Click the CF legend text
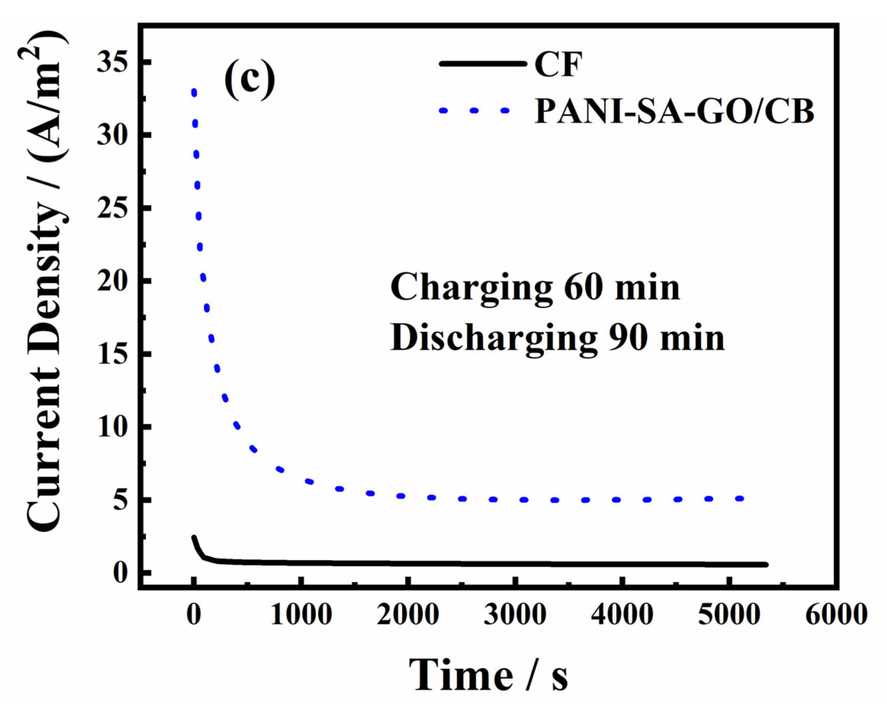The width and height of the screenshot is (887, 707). click(x=558, y=64)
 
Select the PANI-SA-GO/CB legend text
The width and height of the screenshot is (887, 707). click(x=674, y=111)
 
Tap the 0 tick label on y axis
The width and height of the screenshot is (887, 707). click(x=120, y=573)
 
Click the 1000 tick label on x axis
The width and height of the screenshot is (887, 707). click(x=301, y=615)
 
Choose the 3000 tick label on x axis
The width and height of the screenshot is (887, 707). click(x=516, y=615)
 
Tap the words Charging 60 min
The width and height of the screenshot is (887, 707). click(x=535, y=288)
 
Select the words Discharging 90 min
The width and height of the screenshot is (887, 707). click(x=558, y=339)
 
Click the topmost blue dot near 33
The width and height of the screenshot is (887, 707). click(x=194, y=93)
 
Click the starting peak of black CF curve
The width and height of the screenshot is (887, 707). click(x=193, y=537)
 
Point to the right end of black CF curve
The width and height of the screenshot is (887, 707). click(x=766, y=565)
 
